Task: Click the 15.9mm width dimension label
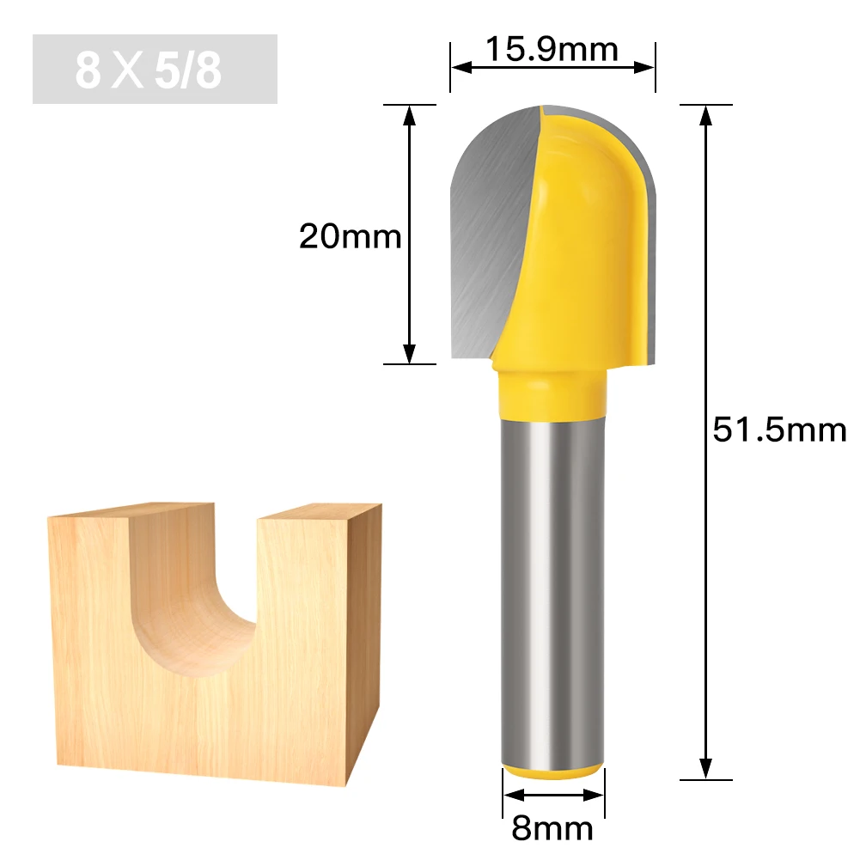[552, 49]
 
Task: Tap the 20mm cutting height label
[350, 235]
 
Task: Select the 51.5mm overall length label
[779, 429]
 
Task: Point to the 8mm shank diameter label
[552, 828]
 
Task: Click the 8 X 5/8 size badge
[155, 70]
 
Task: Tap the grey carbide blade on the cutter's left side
[485, 232]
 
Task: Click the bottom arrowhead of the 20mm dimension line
[410, 353]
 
